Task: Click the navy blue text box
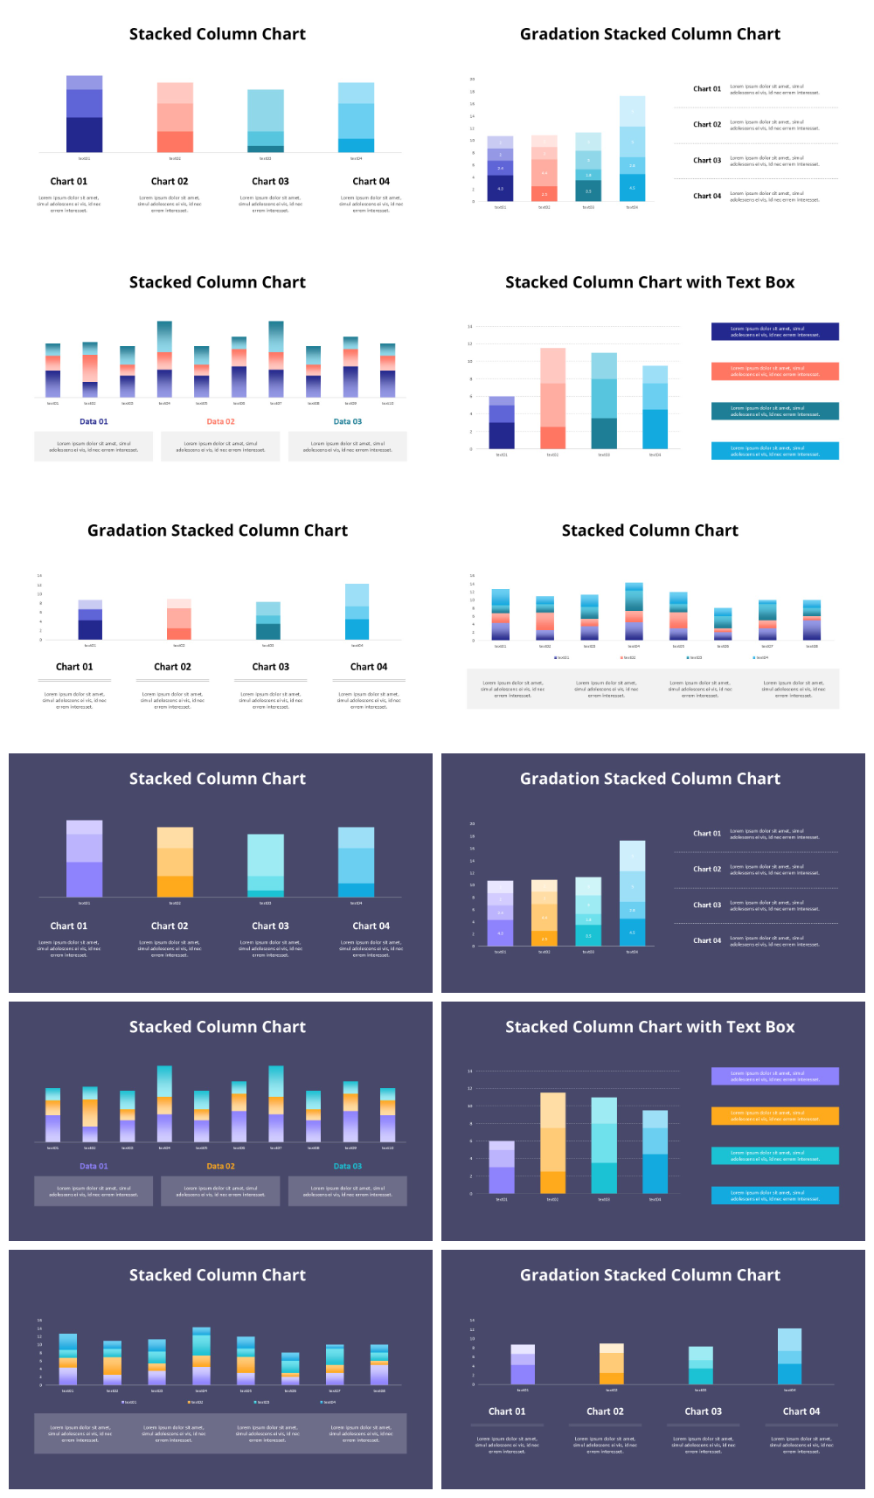click(x=774, y=331)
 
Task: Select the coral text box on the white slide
click(x=774, y=371)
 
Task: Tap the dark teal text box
click(x=774, y=411)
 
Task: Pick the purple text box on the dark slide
click(x=774, y=1076)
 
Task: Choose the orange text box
click(x=774, y=1116)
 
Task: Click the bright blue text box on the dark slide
click(x=774, y=1195)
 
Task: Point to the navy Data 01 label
click(x=94, y=421)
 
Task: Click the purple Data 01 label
click(x=94, y=1166)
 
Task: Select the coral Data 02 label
click(x=220, y=421)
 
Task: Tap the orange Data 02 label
click(x=220, y=1166)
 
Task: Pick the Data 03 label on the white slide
click(x=347, y=421)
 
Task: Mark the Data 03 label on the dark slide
click(x=347, y=1166)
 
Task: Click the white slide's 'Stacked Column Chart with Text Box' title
click(x=649, y=282)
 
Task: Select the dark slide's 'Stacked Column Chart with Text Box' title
click(x=649, y=1027)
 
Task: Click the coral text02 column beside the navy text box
click(x=552, y=399)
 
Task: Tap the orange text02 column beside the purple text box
click(x=552, y=1143)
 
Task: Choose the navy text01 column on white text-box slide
click(x=502, y=423)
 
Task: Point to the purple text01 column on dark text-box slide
click(x=502, y=1168)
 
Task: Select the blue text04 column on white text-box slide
click(x=655, y=407)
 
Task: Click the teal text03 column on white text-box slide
click(x=604, y=401)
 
